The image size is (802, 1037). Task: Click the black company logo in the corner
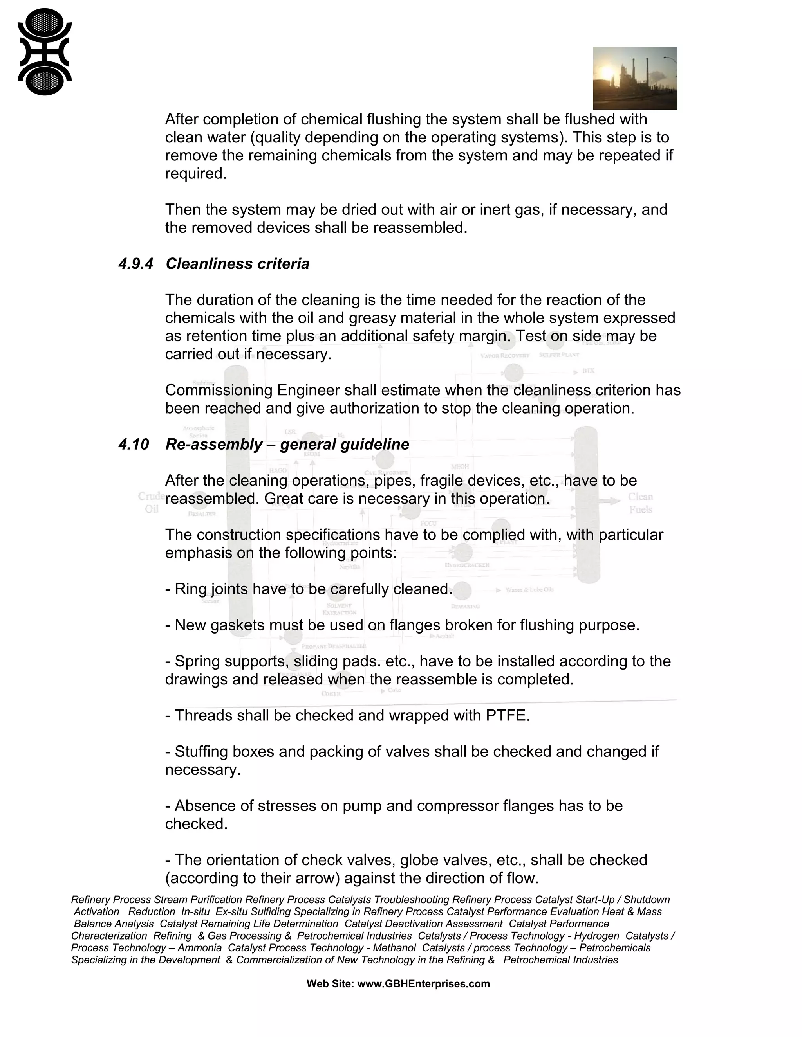coord(44,52)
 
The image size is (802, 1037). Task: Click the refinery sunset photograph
coord(634,78)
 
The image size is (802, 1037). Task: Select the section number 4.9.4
coord(136,264)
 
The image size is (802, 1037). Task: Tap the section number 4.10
coord(134,445)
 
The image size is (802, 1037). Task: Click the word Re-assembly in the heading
coord(214,445)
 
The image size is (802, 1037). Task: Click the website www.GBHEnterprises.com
coord(423,984)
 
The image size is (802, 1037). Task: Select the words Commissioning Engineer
coord(252,390)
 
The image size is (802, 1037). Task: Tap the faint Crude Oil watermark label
coord(151,502)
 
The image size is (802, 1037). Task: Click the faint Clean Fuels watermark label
coord(640,503)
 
